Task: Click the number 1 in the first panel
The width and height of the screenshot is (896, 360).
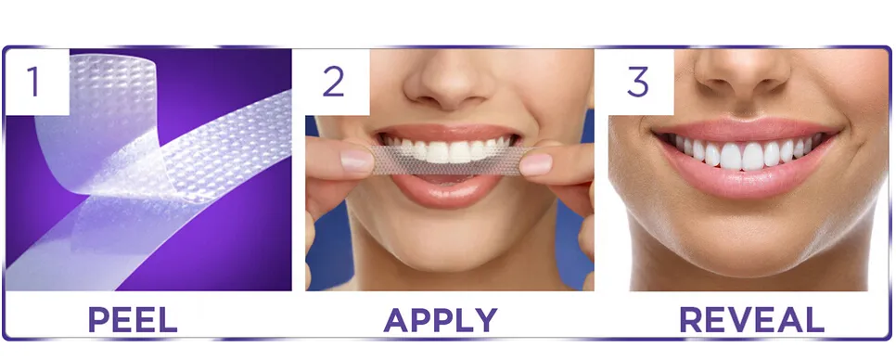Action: (34, 82)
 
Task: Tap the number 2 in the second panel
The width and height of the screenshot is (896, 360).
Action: (333, 82)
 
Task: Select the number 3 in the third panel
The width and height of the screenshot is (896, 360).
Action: (637, 82)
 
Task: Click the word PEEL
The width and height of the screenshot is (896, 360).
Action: (132, 320)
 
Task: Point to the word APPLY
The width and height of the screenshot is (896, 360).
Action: (440, 320)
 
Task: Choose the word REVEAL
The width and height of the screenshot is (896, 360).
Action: (750, 320)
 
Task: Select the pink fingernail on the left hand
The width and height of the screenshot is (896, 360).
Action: (357, 162)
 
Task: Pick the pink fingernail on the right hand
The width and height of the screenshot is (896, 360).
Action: (535, 165)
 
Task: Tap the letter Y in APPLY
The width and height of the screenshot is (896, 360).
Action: (483, 320)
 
